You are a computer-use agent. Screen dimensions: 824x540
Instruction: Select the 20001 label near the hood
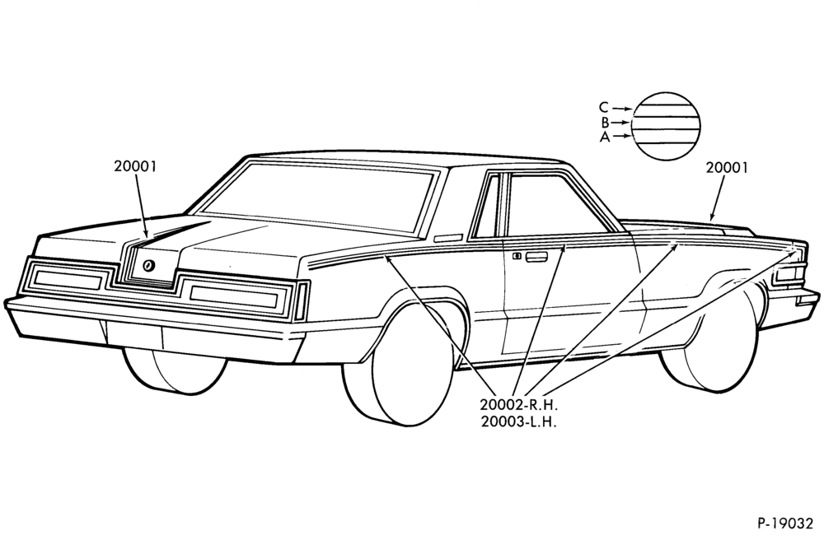click(x=726, y=167)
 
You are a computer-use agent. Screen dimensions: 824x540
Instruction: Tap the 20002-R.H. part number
click(x=518, y=405)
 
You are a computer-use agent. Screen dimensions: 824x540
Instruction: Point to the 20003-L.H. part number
click(x=518, y=422)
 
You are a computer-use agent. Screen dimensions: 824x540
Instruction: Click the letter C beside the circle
click(x=604, y=108)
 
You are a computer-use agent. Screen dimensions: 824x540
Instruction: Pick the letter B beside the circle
click(x=606, y=123)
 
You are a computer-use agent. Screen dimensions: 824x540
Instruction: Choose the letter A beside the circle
click(x=605, y=137)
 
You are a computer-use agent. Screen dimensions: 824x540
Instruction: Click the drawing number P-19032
click(x=785, y=523)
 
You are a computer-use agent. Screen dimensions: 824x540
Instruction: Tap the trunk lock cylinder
click(x=148, y=266)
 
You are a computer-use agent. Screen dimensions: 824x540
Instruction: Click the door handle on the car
click(x=536, y=257)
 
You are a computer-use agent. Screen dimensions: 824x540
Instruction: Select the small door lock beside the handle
click(x=517, y=256)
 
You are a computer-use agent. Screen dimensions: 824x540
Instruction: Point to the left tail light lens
click(x=67, y=277)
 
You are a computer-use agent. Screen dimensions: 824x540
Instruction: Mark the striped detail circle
click(x=666, y=125)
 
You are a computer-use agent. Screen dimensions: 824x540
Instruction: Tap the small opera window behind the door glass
click(x=486, y=206)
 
